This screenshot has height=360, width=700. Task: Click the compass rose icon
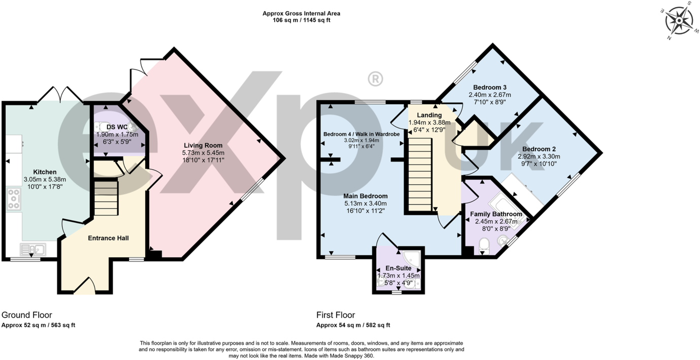tap(680, 21)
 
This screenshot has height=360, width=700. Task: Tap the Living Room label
tap(204, 145)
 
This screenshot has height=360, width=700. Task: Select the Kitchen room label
tap(45, 172)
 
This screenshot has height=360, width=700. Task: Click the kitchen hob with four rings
tap(14, 199)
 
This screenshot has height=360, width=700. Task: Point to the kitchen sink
tap(33, 249)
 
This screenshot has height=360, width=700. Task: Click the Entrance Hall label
tap(108, 238)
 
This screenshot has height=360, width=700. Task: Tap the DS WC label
tap(114, 127)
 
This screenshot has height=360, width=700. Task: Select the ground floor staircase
tap(105, 199)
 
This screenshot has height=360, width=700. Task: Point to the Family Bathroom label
tap(496, 214)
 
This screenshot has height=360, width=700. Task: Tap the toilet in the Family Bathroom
tap(484, 246)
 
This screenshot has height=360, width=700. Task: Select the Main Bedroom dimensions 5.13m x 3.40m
tap(365, 204)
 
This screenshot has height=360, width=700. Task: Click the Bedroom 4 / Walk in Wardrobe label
tap(361, 134)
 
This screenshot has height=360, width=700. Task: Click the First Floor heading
tap(336, 315)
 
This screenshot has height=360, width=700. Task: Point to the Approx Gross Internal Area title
tap(301, 13)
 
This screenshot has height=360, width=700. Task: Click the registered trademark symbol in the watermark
tap(375, 79)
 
